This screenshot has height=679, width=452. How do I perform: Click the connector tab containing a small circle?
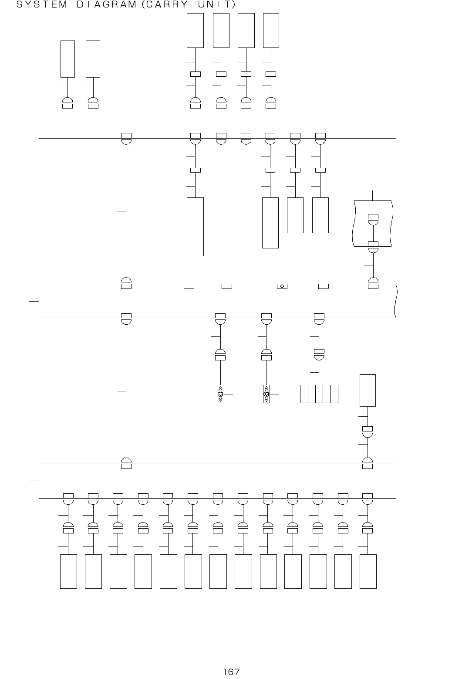tap(282, 286)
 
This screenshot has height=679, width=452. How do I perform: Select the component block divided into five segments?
tap(319, 394)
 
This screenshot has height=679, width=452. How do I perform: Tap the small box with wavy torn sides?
tap(372, 223)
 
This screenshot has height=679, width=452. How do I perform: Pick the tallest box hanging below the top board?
tap(195, 227)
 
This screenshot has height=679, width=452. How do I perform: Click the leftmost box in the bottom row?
tap(68, 571)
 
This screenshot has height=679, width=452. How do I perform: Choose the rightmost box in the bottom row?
tap(368, 571)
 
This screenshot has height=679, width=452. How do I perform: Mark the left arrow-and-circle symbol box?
tap(220, 394)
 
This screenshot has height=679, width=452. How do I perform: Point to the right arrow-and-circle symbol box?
tap(266, 394)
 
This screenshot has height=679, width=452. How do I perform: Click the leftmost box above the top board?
tap(67, 58)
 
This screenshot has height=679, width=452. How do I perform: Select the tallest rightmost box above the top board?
tap(271, 30)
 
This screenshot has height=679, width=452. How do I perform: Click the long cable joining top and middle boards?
tap(126, 211)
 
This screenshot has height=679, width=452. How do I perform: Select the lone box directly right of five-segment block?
tap(368, 390)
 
